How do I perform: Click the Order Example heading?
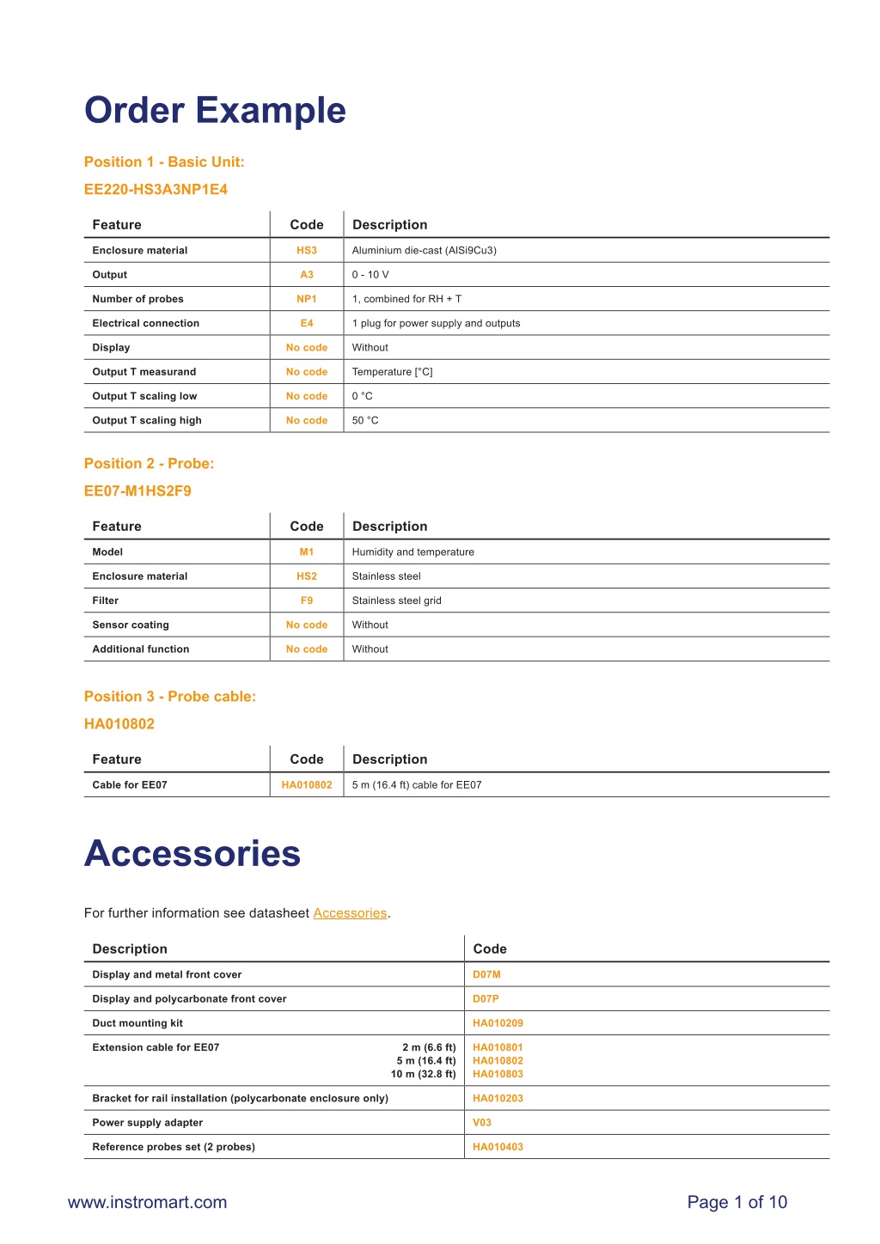click(x=215, y=111)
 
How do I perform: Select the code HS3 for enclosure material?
click(x=307, y=251)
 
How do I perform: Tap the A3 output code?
click(x=307, y=275)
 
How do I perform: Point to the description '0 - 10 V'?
click(x=370, y=275)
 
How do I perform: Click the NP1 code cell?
click(x=307, y=299)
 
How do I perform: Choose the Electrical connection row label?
click(x=146, y=323)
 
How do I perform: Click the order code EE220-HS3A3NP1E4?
click(x=156, y=189)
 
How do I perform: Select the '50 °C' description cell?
click(x=365, y=420)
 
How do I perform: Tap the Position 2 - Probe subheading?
click(x=149, y=464)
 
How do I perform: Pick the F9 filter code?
click(x=307, y=601)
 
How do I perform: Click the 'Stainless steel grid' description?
click(x=396, y=601)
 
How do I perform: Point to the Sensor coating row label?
click(x=131, y=625)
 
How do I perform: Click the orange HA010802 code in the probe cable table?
click(x=307, y=785)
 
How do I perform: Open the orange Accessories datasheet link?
click(x=350, y=913)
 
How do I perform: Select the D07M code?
click(x=486, y=975)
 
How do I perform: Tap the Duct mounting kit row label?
click(x=137, y=1023)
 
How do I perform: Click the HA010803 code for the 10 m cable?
click(x=498, y=1074)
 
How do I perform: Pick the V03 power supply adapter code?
click(x=482, y=1123)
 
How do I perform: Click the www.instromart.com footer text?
click(x=147, y=1203)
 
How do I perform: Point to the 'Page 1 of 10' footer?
click(x=736, y=1203)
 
